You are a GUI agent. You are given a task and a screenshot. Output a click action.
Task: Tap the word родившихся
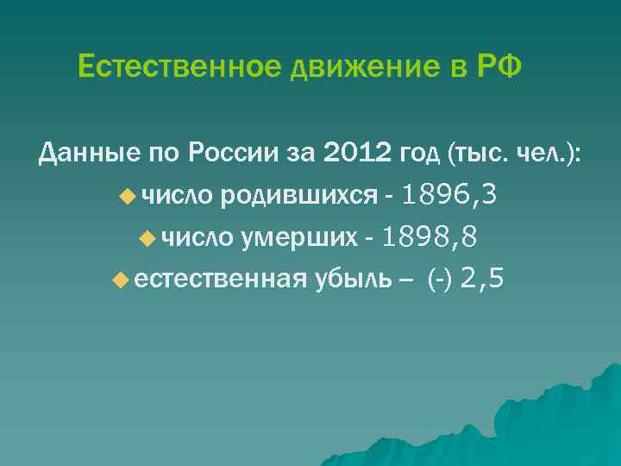[x=298, y=197]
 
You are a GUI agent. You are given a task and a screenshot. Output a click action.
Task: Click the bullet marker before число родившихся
[x=128, y=197]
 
